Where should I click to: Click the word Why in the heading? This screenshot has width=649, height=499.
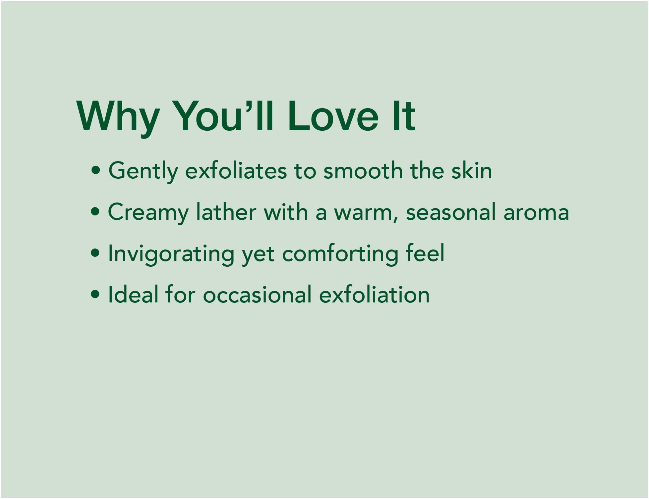tap(118, 117)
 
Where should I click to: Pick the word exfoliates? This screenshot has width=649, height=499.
tap(236, 170)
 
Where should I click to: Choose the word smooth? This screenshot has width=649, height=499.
tap(363, 170)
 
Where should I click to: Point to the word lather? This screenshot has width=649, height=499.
tap(226, 212)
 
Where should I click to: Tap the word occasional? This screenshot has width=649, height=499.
tap(257, 294)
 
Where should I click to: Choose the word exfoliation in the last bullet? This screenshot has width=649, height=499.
tap(374, 294)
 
